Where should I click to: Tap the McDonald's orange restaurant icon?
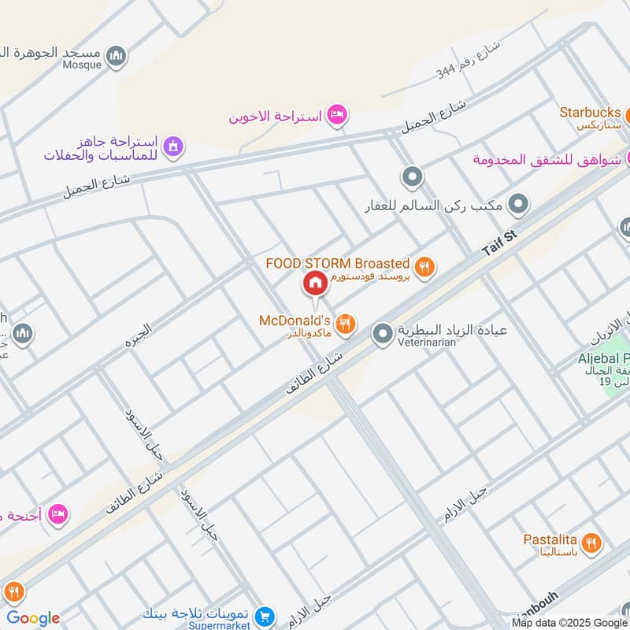tap(345, 323)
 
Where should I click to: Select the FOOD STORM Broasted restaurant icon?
tap(424, 268)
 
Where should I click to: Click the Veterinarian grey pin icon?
tap(383, 334)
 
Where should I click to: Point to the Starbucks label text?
tap(591, 112)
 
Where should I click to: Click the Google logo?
tap(33, 618)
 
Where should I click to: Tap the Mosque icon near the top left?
tap(117, 56)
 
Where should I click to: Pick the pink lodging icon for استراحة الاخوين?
tap(337, 116)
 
